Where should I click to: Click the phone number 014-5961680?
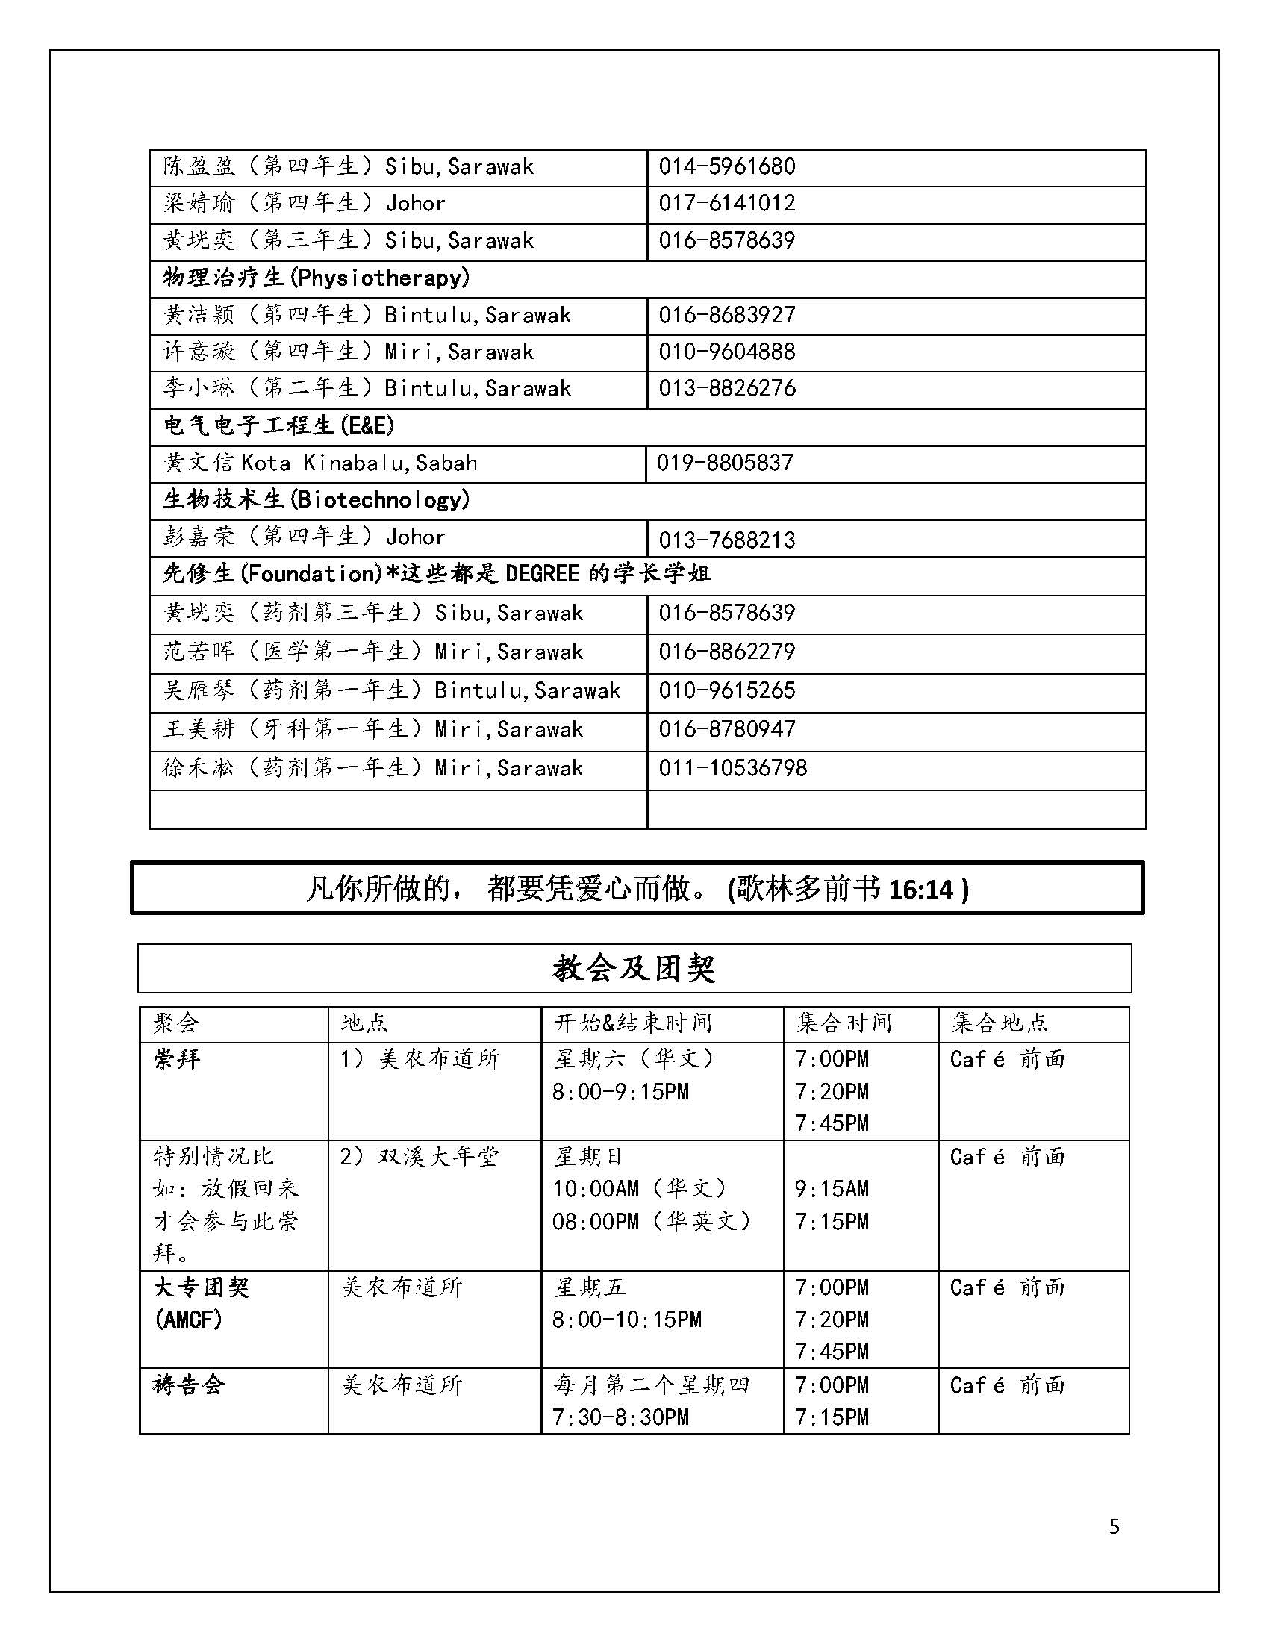click(726, 166)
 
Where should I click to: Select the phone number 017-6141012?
click(726, 203)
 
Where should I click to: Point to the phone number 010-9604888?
click(726, 352)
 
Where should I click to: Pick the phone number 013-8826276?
click(726, 389)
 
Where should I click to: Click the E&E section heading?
click(279, 426)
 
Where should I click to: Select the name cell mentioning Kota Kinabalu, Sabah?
click(320, 463)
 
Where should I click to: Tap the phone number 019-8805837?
click(725, 463)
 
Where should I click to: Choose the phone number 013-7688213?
click(726, 540)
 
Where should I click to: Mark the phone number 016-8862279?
click(726, 652)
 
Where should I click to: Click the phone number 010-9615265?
click(726, 691)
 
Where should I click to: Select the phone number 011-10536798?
click(732, 768)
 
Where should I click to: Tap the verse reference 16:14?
click(921, 890)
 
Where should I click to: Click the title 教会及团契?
click(634, 969)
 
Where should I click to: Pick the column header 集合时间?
click(844, 1023)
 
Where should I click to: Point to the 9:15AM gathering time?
click(832, 1189)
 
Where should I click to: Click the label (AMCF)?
click(188, 1320)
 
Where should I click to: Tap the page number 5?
click(1114, 1526)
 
